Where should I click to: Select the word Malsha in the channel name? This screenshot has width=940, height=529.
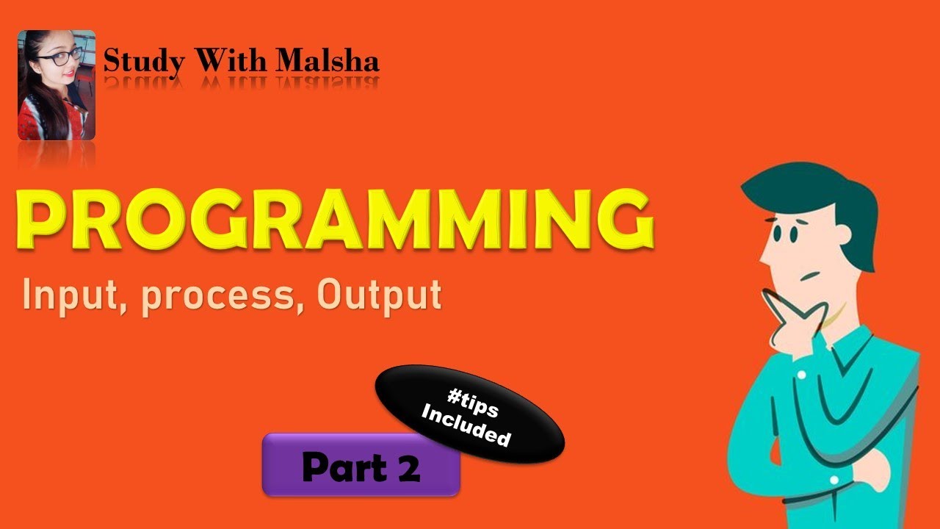(328, 62)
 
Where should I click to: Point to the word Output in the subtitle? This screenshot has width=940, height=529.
(379, 295)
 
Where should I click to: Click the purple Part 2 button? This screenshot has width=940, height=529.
(361, 465)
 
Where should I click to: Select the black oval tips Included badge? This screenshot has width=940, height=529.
(470, 414)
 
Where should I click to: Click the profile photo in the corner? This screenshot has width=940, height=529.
(57, 84)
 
